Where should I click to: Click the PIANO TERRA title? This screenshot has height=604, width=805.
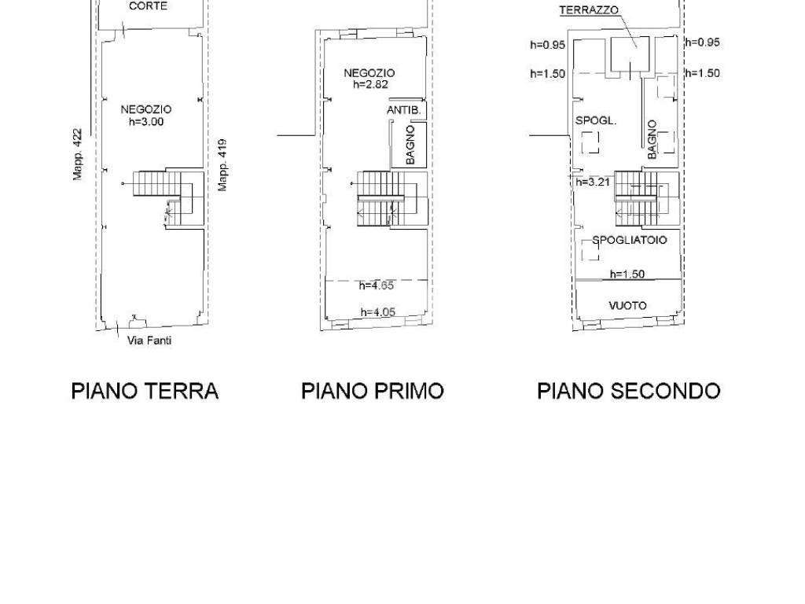(x=145, y=391)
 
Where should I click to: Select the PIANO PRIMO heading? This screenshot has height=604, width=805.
(x=372, y=391)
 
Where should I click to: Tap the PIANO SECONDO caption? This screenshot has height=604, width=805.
(x=628, y=391)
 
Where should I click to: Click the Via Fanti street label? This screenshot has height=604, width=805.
(x=149, y=340)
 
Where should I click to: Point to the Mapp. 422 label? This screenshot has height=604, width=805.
(x=77, y=154)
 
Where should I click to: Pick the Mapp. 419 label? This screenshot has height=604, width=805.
(x=222, y=165)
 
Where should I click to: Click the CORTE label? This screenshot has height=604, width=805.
(x=148, y=6)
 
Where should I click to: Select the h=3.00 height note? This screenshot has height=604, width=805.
(x=146, y=122)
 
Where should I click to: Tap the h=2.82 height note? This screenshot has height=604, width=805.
(x=371, y=84)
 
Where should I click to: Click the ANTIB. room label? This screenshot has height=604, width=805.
(x=404, y=110)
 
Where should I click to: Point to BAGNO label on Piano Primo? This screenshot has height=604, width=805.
(x=410, y=145)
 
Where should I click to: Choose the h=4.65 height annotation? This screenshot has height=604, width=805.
(x=377, y=285)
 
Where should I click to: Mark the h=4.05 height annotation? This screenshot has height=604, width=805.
(x=378, y=311)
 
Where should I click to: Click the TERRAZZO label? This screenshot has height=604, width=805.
(x=589, y=9)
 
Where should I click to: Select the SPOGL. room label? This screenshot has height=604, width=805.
(x=596, y=120)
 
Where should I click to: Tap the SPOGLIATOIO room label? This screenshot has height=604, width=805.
(x=630, y=240)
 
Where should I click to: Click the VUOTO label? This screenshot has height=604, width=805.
(x=627, y=306)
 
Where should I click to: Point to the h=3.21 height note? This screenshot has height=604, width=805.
(x=593, y=182)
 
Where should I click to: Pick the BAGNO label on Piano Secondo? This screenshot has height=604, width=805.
(x=652, y=140)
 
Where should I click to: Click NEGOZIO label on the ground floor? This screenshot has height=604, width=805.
(x=146, y=109)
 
